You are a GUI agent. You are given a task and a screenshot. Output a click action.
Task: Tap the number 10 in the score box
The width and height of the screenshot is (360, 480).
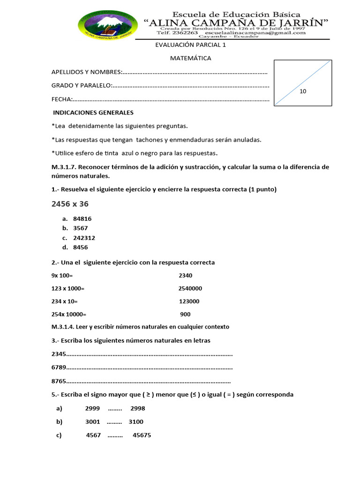coord(303,91)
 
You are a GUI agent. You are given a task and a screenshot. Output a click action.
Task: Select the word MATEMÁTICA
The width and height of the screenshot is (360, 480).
coord(190,59)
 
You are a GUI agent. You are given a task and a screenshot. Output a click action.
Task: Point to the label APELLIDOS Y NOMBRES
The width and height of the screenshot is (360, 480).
coord(86,72)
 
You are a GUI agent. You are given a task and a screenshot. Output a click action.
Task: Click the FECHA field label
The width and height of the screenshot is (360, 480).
coord(61,99)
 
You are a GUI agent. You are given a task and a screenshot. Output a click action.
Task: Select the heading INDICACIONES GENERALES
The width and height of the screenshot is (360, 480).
coord(93,113)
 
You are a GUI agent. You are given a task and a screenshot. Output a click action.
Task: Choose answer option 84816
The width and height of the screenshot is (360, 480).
coord(83,219)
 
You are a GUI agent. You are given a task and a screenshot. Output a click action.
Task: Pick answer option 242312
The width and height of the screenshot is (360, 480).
coord(84,238)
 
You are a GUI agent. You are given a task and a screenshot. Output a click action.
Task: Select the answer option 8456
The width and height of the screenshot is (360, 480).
coord(81,247)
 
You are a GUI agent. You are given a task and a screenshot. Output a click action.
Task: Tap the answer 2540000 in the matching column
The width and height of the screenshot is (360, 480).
coord(190,289)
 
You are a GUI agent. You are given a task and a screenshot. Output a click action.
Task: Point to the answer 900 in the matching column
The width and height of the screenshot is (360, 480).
coord(185,315)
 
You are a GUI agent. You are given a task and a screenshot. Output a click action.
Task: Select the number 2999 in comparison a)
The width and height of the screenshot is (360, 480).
coord(92,408)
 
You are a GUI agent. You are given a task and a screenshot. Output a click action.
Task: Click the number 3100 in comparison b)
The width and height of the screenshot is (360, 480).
coord(136,422)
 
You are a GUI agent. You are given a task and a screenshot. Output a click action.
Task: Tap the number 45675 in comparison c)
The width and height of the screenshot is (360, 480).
coord(142,435)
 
